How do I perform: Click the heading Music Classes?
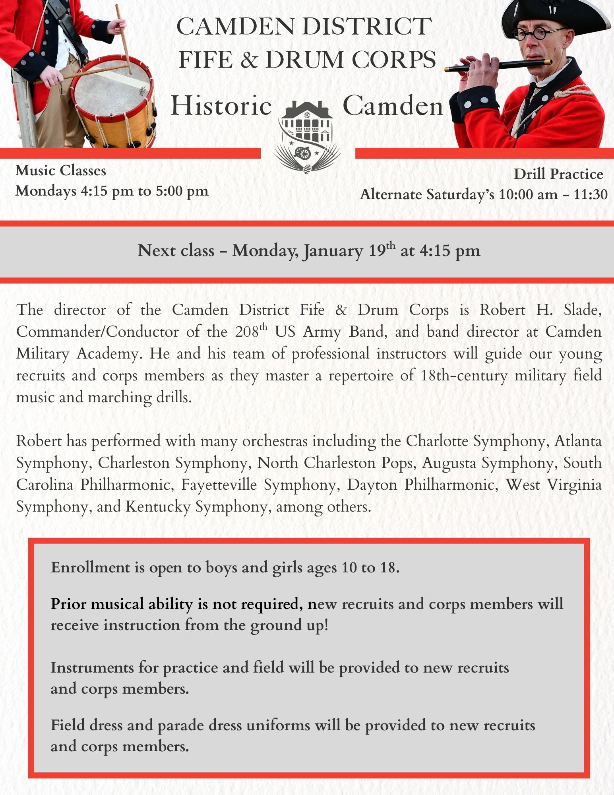pos(61,171)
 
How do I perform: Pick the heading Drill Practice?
pos(558,174)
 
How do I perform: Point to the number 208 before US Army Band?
pos(246,332)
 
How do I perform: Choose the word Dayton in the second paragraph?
pos(372,485)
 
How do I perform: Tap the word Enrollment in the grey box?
pos(90,567)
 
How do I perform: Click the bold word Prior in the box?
pos(68,604)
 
